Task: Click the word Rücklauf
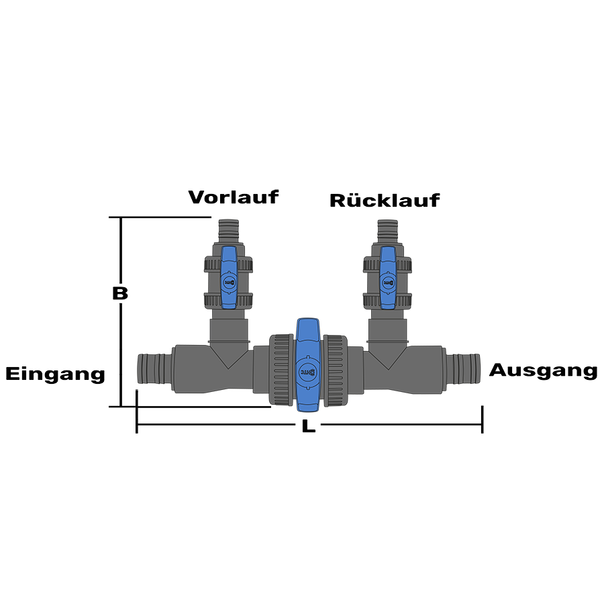point(385,200)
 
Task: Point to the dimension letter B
point(119,293)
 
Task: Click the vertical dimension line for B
point(121,336)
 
